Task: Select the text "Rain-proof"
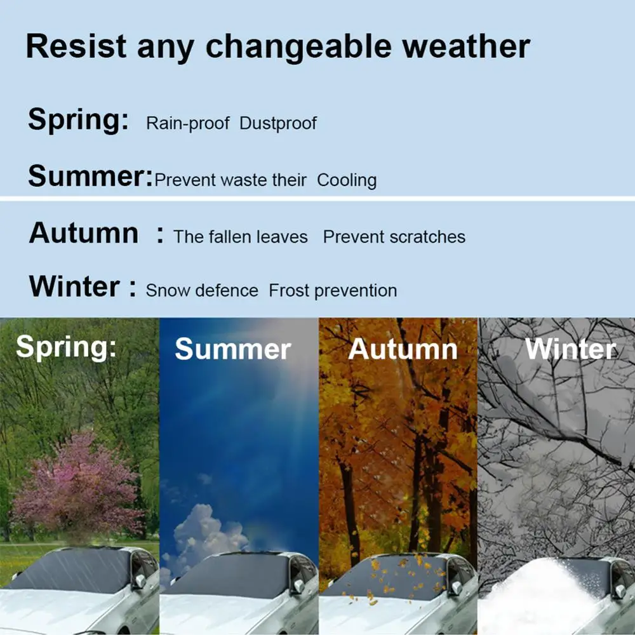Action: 187,123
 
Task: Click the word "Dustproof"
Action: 277,123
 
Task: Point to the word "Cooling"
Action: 347,180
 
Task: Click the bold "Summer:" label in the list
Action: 90,175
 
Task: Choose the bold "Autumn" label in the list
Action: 83,233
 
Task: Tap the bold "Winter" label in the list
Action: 74,286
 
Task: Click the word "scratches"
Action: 428,237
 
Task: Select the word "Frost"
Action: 289,291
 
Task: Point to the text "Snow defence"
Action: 202,291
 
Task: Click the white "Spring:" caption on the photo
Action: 66,347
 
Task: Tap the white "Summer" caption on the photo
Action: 232,349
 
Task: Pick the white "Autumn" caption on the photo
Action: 403,349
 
